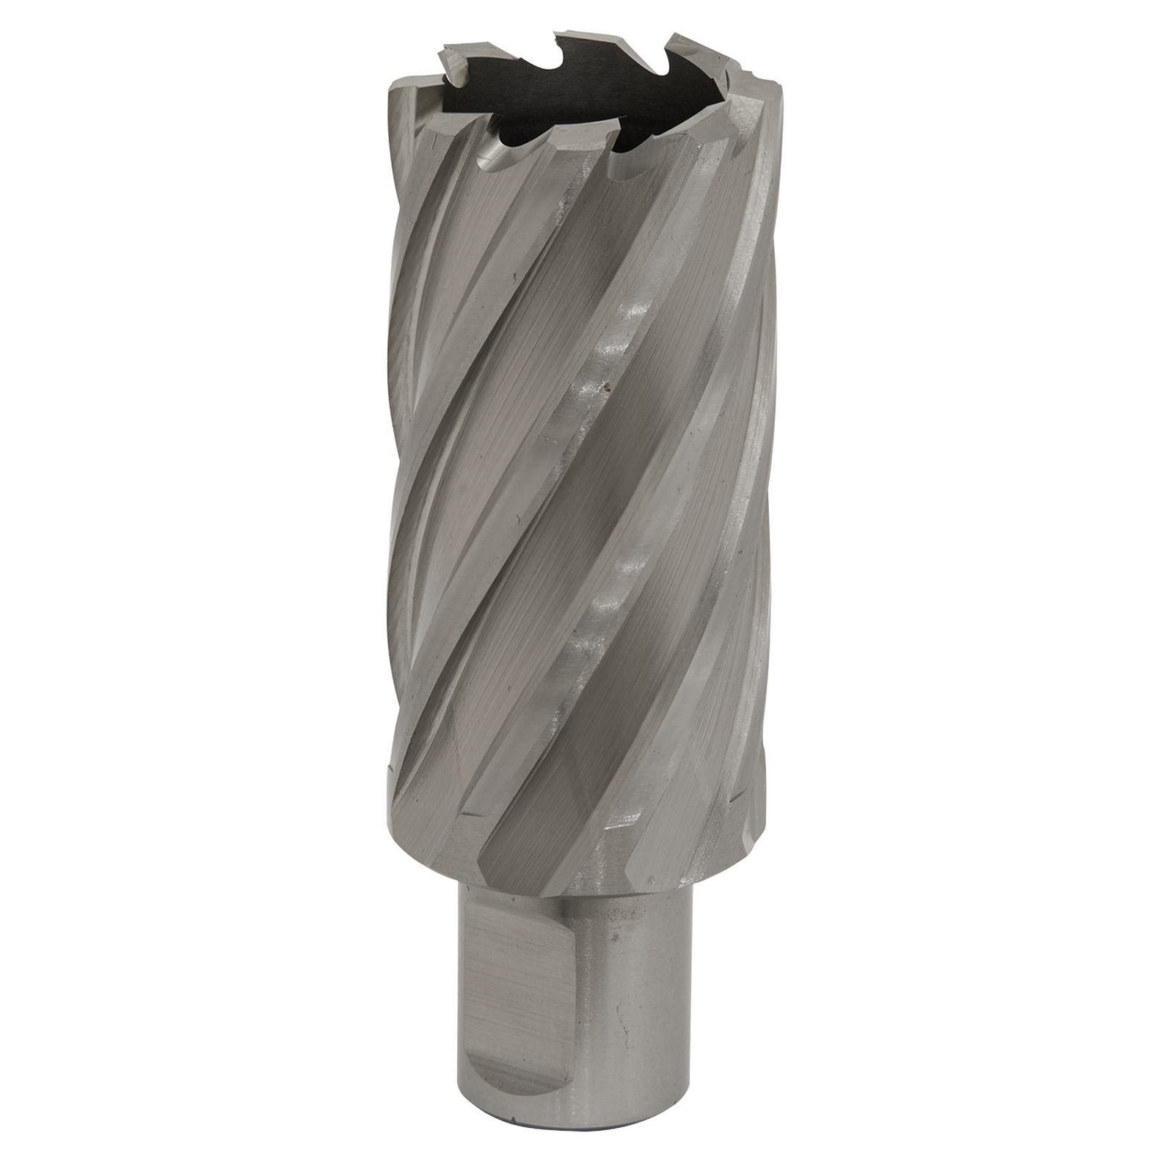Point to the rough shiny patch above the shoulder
pyautogui.click(x=624, y=822)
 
